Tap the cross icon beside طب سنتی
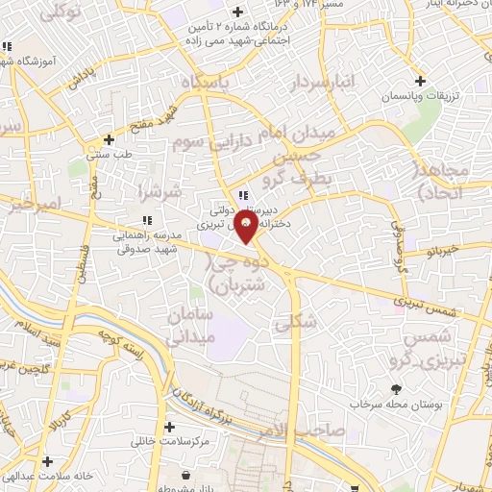pos(109,139)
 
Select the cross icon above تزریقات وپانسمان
pos(418,80)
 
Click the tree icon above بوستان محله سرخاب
pos(395,389)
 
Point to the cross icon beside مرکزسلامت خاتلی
pos(170,427)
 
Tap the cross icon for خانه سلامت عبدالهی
pos(47,461)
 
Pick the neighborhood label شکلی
pos(294,323)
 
